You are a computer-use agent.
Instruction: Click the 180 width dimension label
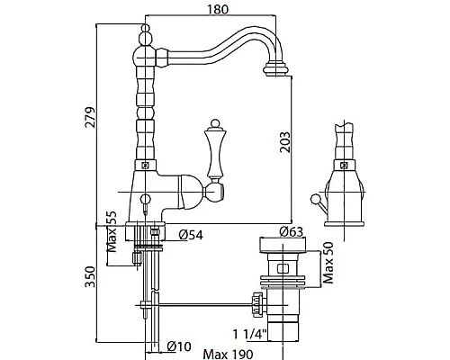pos(218,9)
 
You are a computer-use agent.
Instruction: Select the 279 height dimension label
pos(90,117)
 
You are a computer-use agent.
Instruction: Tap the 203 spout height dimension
pos(285,142)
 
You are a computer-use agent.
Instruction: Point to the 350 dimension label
pos(90,276)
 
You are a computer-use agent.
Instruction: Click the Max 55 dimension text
pos(112,231)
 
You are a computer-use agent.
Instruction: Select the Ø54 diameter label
pos(191,235)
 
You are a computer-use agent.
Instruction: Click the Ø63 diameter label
pos(292,231)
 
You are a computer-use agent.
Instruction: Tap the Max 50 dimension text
pos(328,263)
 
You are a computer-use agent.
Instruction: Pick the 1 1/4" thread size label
pos(250,335)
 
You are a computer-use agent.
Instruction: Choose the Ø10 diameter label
pos(179,346)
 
